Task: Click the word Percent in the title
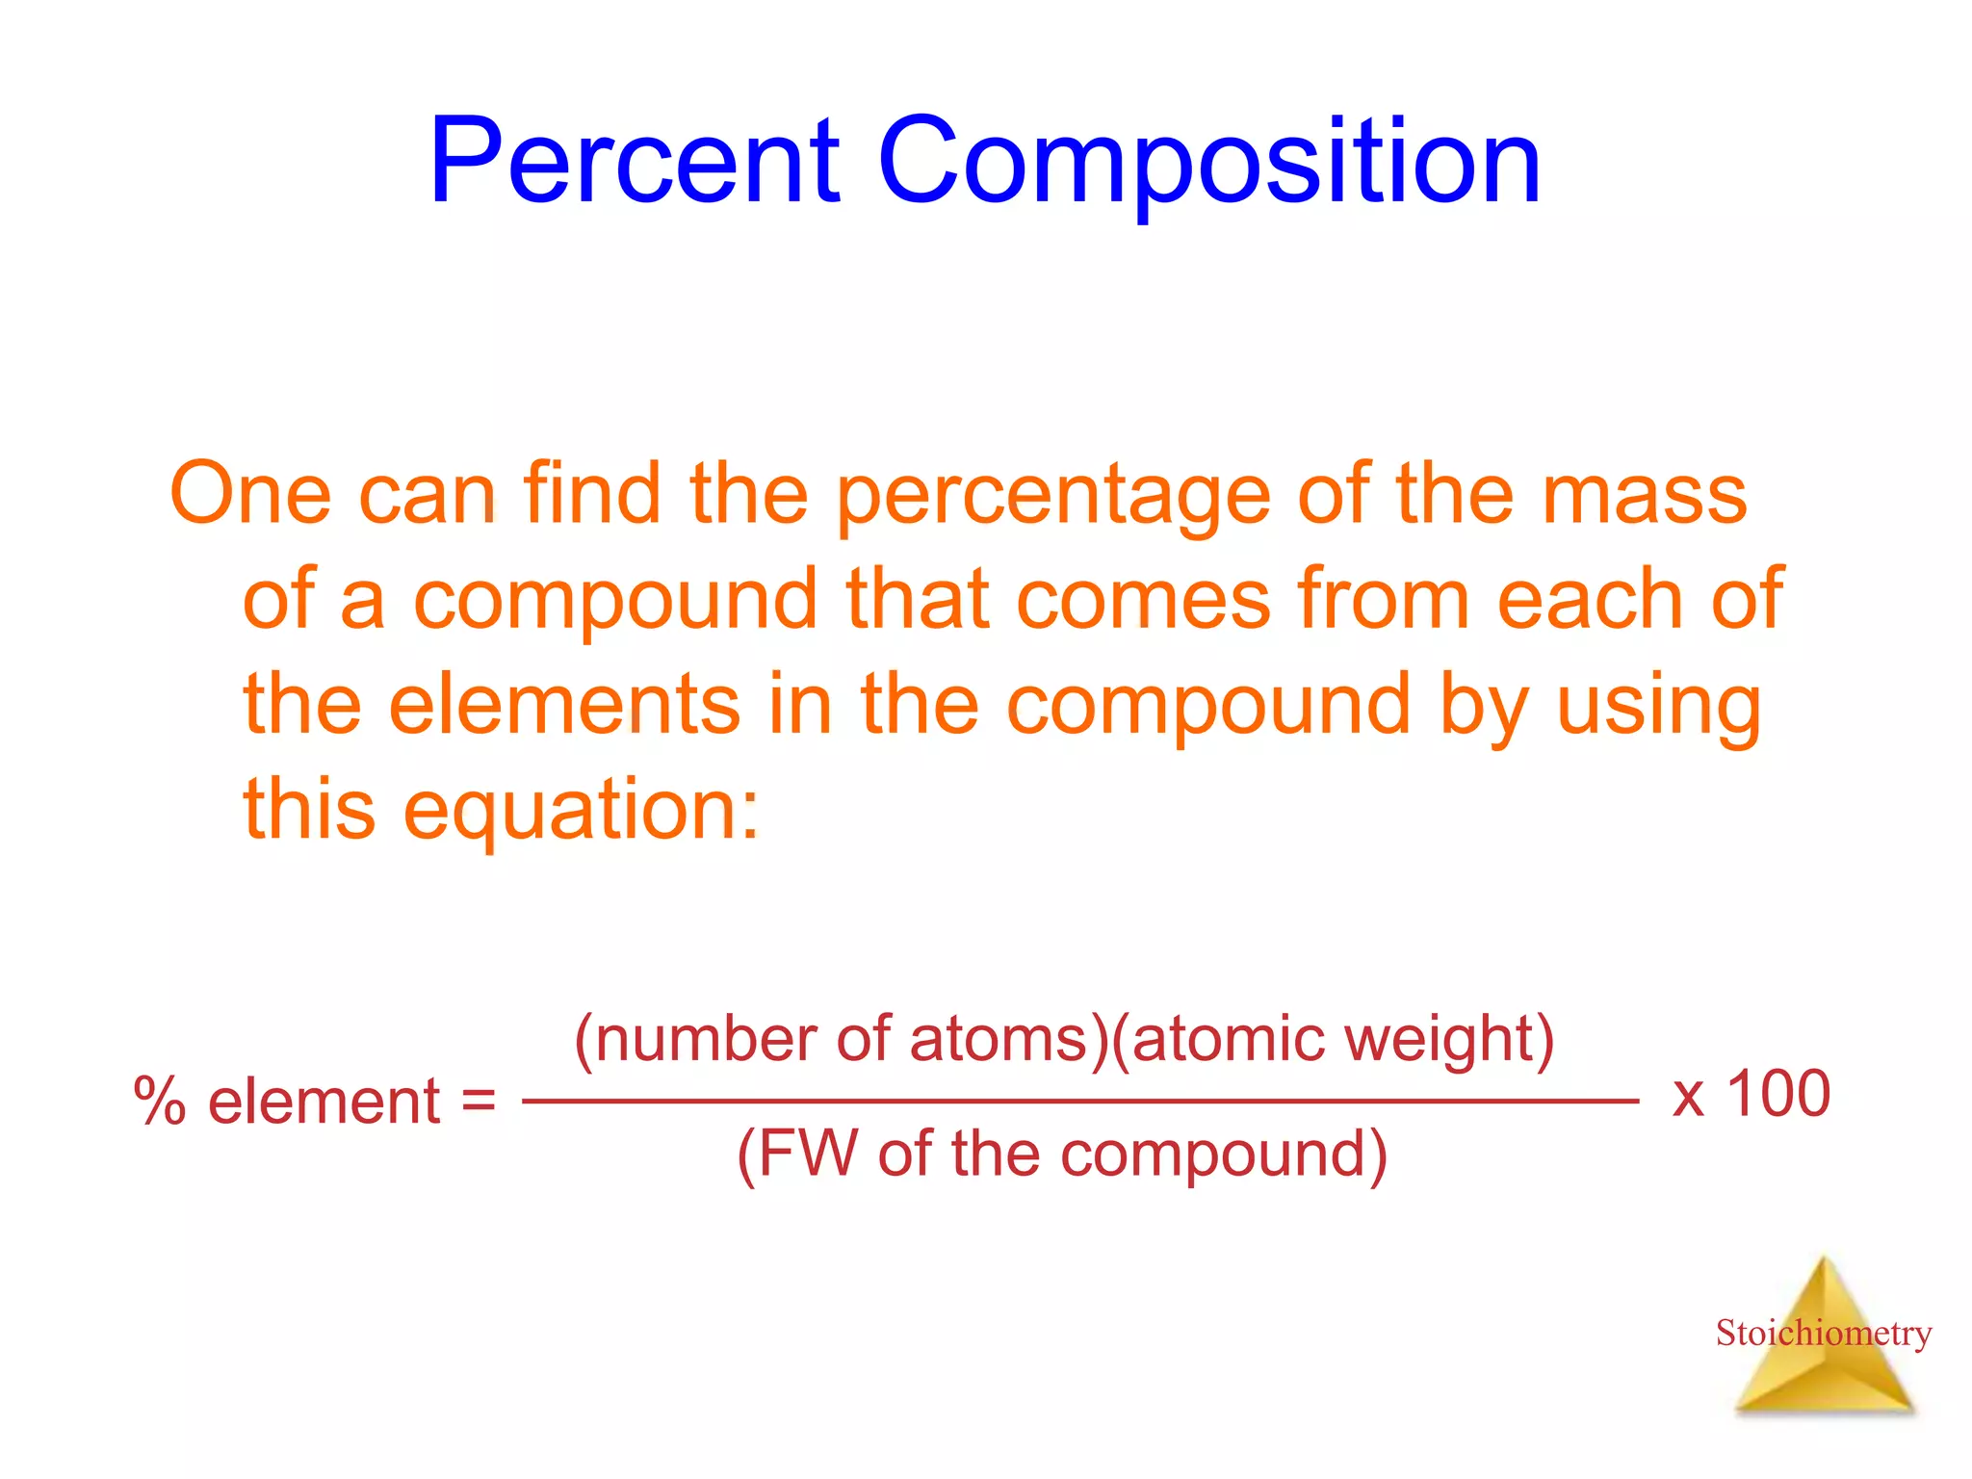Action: point(635,161)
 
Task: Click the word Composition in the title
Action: point(1208,161)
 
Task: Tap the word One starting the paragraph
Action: point(250,493)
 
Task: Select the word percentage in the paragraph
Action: point(1053,495)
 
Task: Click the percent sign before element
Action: point(160,1101)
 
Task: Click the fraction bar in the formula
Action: point(1079,1100)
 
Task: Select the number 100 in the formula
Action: point(1778,1094)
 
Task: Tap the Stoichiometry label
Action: point(1823,1334)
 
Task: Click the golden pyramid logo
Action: point(1823,1377)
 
